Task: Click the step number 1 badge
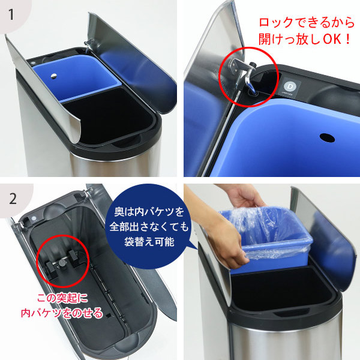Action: tap(11, 14)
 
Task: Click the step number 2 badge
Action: tap(13, 199)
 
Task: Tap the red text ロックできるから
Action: tap(307, 23)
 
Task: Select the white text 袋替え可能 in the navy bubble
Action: tap(149, 242)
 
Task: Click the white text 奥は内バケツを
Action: tap(149, 212)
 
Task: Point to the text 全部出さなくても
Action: tap(149, 227)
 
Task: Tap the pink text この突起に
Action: tap(62, 298)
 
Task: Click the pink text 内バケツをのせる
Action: tap(62, 313)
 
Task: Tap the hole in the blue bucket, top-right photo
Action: tap(327, 138)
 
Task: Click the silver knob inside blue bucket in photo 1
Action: tap(53, 76)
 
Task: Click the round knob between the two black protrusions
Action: tap(62, 263)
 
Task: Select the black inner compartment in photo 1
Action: tap(108, 116)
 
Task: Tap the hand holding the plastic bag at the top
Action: tap(245, 196)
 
